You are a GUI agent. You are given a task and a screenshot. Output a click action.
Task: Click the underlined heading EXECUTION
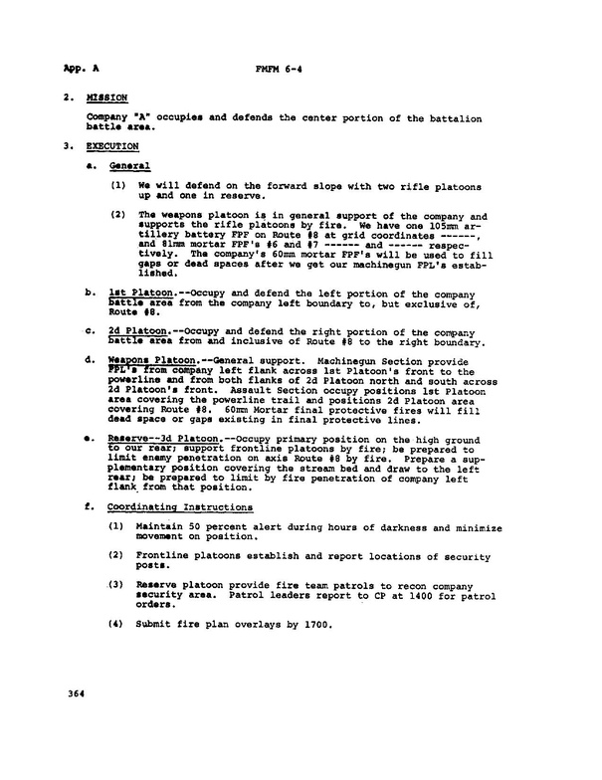(x=112, y=145)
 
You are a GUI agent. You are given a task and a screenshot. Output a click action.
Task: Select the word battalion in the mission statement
(x=444, y=118)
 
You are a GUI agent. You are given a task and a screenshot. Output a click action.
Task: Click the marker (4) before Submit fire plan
(x=117, y=626)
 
